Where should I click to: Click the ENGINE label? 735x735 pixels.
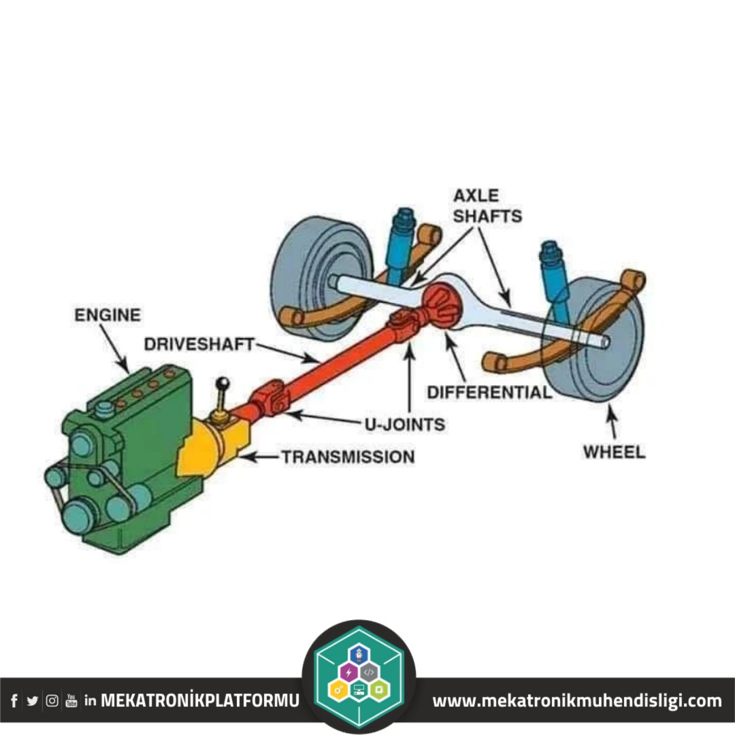tap(108, 315)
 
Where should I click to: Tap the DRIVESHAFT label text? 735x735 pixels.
tap(199, 344)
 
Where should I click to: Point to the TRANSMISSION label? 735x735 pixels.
tap(348, 457)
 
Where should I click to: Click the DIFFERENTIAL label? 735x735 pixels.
tap(489, 392)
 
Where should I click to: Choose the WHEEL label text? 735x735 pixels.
tap(614, 452)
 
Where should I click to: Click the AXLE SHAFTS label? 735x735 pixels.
tap(487, 206)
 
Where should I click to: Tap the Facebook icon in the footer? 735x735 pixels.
tap(14, 700)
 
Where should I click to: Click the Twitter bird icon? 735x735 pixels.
tap(32, 700)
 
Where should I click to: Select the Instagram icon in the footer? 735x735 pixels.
tap(52, 700)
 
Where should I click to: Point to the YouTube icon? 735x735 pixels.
tap(71, 700)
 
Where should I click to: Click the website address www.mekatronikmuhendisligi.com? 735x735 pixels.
tap(577, 700)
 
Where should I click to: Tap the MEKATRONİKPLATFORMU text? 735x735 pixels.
tap(199, 700)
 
